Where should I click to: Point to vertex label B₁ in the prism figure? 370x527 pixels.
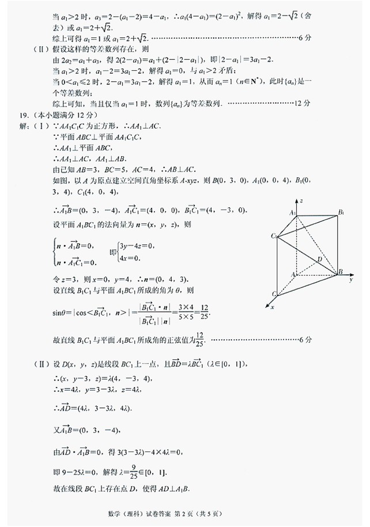(342, 213)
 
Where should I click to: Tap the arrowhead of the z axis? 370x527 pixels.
(296, 200)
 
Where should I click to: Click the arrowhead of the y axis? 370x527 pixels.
(352, 274)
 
